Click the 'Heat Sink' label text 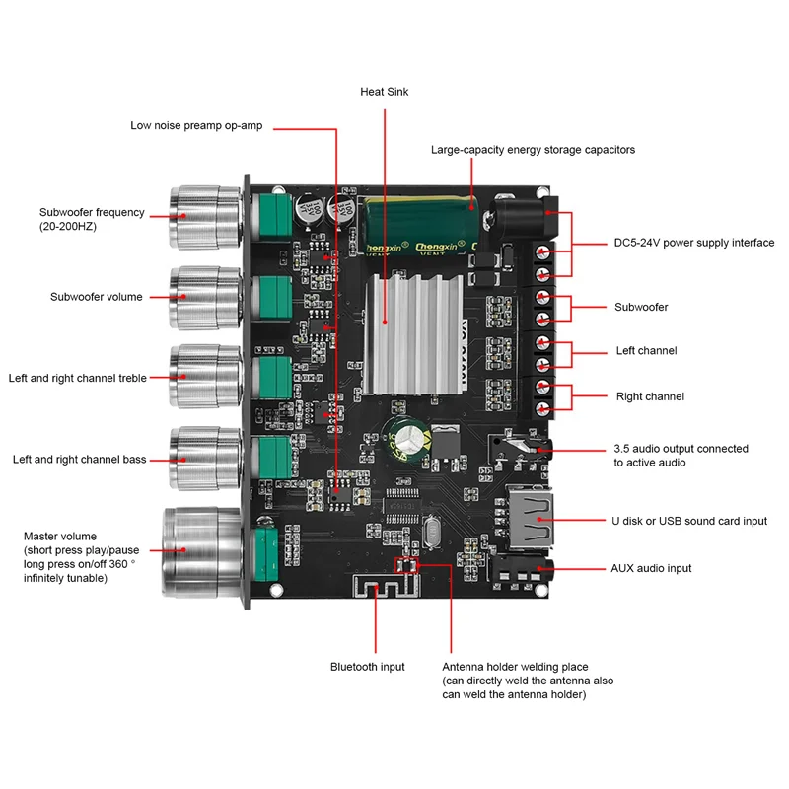tap(384, 92)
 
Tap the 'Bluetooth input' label tap(367, 668)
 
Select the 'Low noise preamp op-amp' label tap(201, 126)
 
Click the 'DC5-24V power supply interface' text tap(694, 243)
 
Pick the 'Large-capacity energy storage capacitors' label tap(533, 150)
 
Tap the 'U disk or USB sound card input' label tap(689, 521)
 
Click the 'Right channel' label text tap(650, 396)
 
